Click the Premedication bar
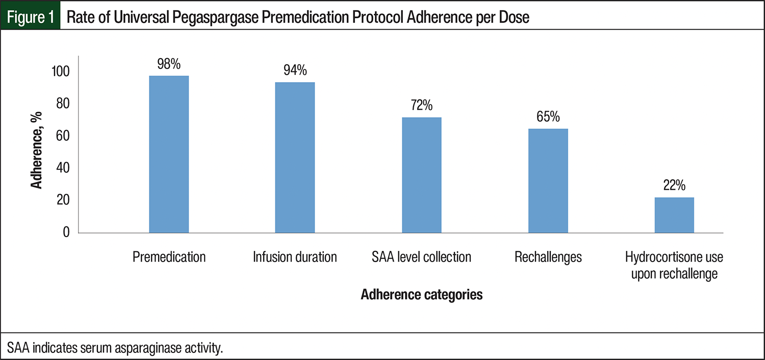[x=169, y=155]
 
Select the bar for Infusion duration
[x=295, y=158]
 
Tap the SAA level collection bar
[x=421, y=175]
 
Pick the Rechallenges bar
[x=548, y=181]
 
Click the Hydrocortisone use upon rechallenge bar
[x=674, y=215]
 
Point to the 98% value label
[x=169, y=64]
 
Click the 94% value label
[x=295, y=71]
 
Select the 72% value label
[x=421, y=106]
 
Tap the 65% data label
[x=548, y=117]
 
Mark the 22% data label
[x=674, y=186]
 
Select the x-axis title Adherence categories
[x=421, y=295]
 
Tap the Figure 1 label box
[x=31, y=18]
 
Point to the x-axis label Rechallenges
[x=548, y=256]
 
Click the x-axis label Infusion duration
[x=295, y=256]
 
